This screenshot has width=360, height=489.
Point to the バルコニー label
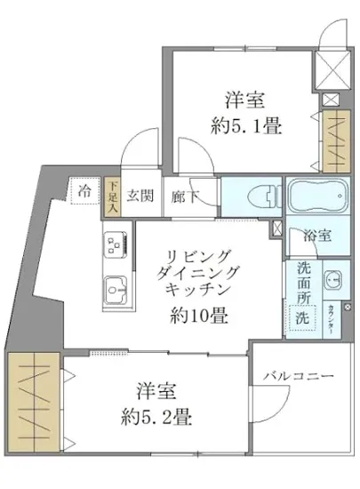299,377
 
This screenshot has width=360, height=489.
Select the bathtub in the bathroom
317,196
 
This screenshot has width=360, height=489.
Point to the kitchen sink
115,287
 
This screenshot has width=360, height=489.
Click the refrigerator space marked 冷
85,190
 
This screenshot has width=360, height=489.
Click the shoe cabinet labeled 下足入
112,194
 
